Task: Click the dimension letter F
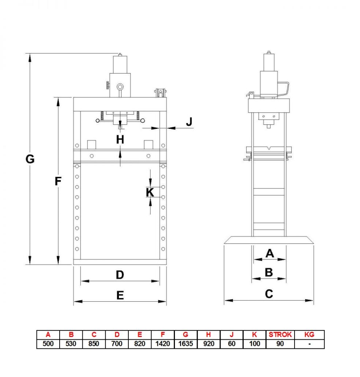tap(57, 181)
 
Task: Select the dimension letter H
tap(120, 139)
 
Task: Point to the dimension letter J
tap(189, 122)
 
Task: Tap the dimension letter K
tap(150, 191)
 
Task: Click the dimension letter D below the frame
tap(120, 275)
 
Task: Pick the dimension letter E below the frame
tap(120, 295)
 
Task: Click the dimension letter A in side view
tap(269, 253)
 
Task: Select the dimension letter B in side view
tap(269, 272)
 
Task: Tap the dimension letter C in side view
tap(269, 294)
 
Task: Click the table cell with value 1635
tap(185, 344)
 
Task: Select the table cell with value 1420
tap(162, 344)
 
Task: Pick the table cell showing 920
tap(209, 344)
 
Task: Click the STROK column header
tap(280, 335)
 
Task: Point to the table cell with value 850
tap(94, 344)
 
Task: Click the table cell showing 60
tap(232, 344)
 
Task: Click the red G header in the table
tap(185, 335)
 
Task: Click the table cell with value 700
tap(117, 344)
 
